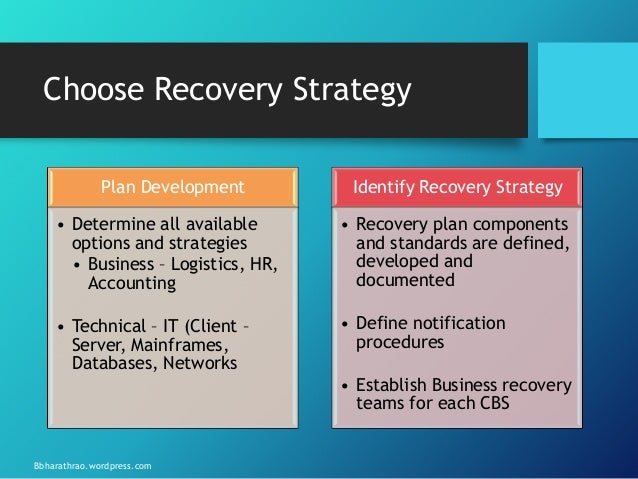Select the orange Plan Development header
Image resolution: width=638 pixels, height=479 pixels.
coord(172,185)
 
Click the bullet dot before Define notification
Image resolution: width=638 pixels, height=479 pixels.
coord(345,324)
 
